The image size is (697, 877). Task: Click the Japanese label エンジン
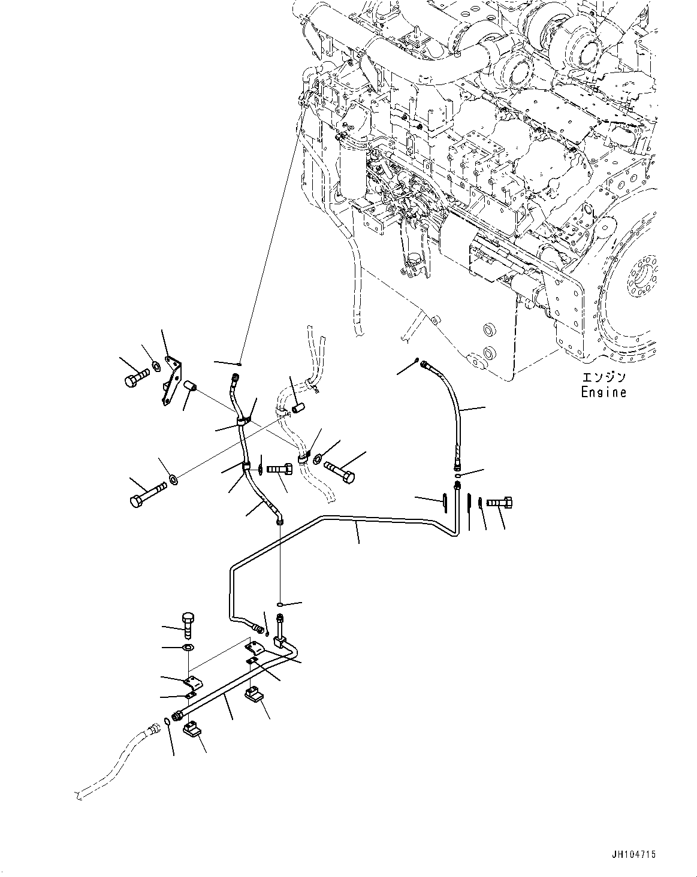tap(604, 378)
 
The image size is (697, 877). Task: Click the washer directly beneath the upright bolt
tap(188, 648)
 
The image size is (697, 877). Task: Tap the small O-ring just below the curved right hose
tap(457, 476)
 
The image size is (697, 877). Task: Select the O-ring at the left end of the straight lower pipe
tap(167, 720)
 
